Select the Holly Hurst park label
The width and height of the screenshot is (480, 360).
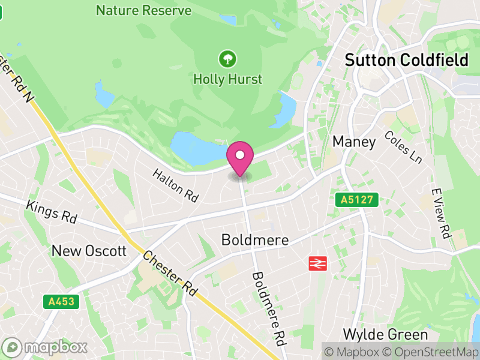pyautogui.click(x=227, y=79)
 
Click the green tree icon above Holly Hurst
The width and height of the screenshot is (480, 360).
pyautogui.click(x=227, y=59)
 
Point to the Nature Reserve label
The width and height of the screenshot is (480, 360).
pyautogui.click(x=144, y=10)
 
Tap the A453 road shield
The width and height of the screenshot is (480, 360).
pyautogui.click(x=62, y=301)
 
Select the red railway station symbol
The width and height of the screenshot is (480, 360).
pyautogui.click(x=316, y=263)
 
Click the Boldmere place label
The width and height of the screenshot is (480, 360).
pyautogui.click(x=255, y=240)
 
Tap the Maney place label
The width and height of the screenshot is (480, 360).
pyautogui.click(x=354, y=142)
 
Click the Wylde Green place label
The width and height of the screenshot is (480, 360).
pyautogui.click(x=385, y=334)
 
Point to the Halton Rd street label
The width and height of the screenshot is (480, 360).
pyautogui.click(x=175, y=184)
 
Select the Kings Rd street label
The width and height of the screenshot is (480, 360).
pyautogui.click(x=52, y=212)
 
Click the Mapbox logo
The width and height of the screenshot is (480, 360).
pyautogui.click(x=46, y=347)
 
